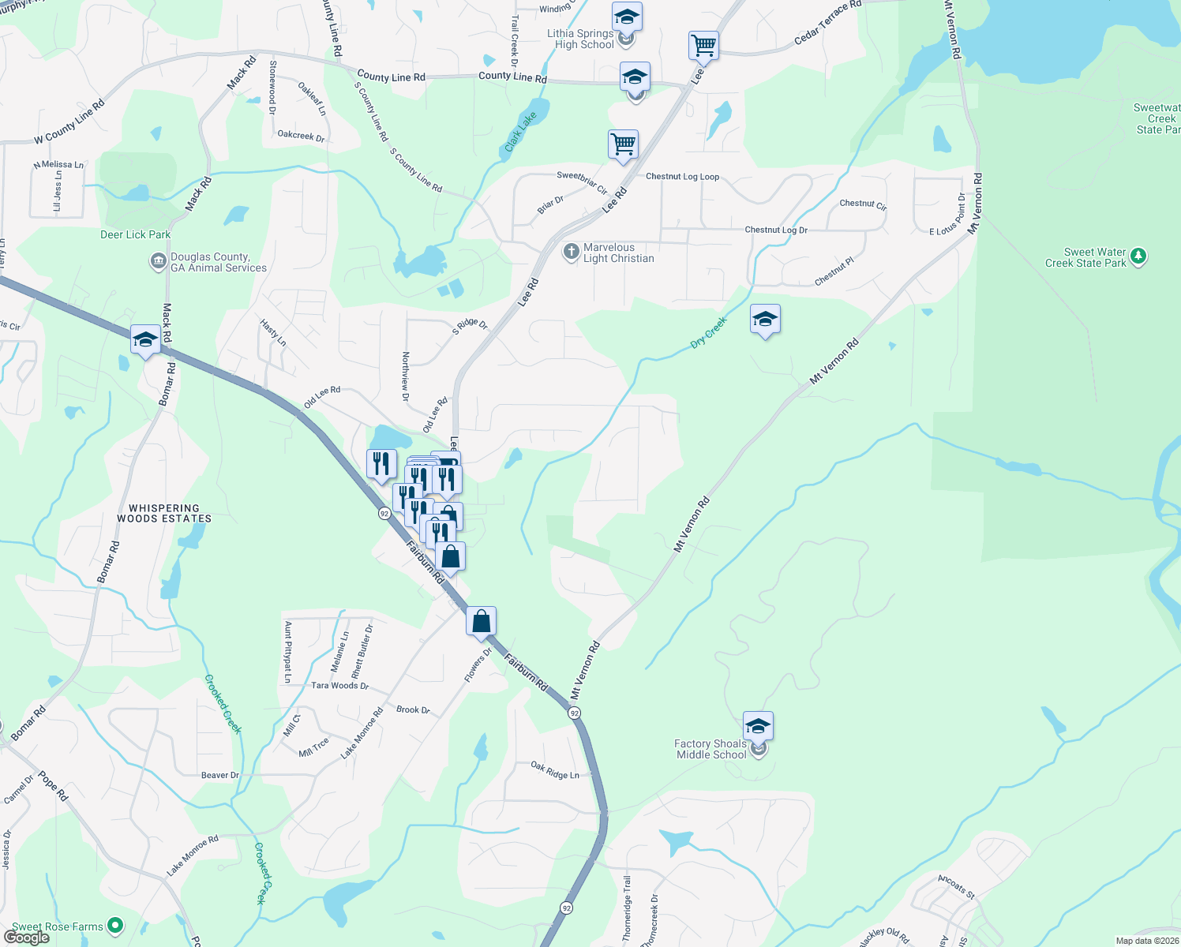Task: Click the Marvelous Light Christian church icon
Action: pyautogui.click(x=571, y=253)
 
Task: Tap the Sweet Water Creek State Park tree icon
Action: pyautogui.click(x=1138, y=256)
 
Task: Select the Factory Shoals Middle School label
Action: pyautogui.click(x=710, y=749)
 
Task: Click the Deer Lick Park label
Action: pyautogui.click(x=135, y=234)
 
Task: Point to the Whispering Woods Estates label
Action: pyautogui.click(x=164, y=514)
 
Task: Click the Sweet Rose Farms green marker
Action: pyautogui.click(x=115, y=925)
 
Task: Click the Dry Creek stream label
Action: pyautogui.click(x=708, y=332)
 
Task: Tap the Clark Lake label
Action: pyautogui.click(x=521, y=132)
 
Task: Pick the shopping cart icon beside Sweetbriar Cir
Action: pyautogui.click(x=623, y=145)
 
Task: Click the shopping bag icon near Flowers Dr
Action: pyautogui.click(x=481, y=622)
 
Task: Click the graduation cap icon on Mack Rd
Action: pyautogui.click(x=145, y=340)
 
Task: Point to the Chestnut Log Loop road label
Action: pyautogui.click(x=682, y=177)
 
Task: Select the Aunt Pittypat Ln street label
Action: pyautogui.click(x=288, y=652)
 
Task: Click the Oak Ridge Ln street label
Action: pyautogui.click(x=555, y=770)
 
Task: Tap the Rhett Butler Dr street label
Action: pyautogui.click(x=362, y=652)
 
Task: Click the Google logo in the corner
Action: pyautogui.click(x=27, y=938)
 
